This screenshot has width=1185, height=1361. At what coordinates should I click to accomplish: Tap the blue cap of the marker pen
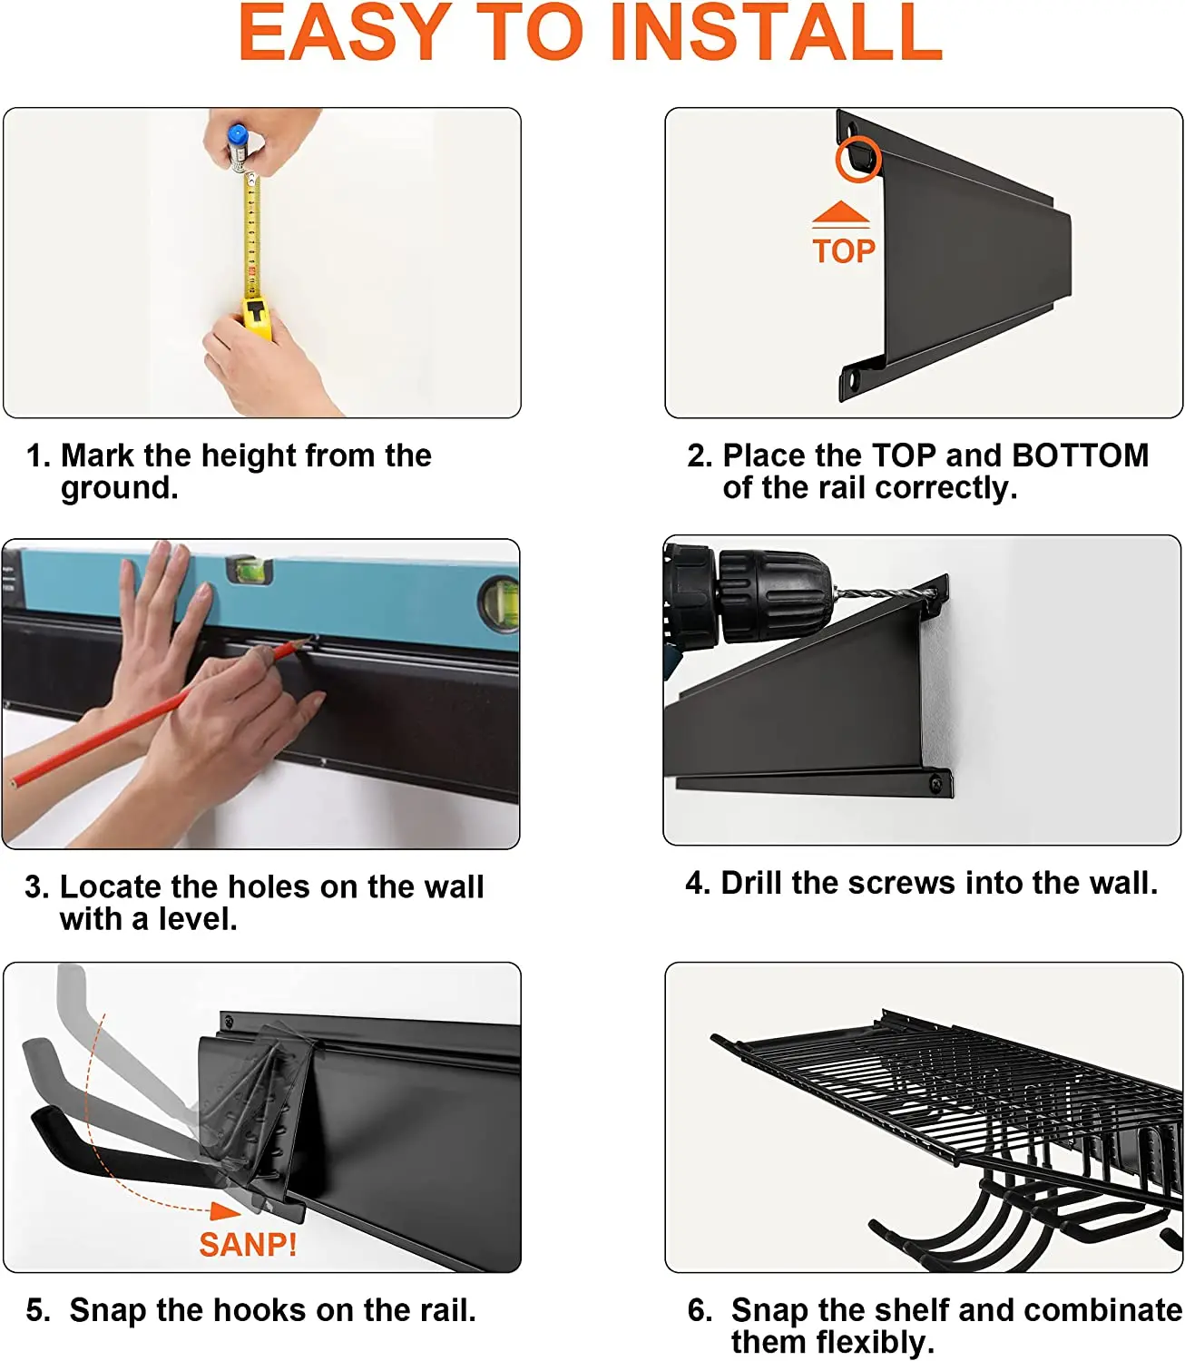point(237,136)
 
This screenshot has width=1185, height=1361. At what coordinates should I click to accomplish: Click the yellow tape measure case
point(256,317)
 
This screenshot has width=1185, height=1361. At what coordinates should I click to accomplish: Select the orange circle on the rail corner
point(857,158)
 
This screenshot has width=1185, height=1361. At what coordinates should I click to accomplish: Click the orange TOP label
point(843,251)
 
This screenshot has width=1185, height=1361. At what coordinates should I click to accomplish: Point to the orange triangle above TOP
point(840,212)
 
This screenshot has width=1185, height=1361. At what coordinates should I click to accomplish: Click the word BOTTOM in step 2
point(1080,455)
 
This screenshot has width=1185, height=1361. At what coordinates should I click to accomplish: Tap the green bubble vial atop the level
point(250,569)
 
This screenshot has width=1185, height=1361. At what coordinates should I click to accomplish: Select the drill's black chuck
point(774,595)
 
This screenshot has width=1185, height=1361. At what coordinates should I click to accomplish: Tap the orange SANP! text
point(248,1245)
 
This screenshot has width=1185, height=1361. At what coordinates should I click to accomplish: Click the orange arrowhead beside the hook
point(225,1211)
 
